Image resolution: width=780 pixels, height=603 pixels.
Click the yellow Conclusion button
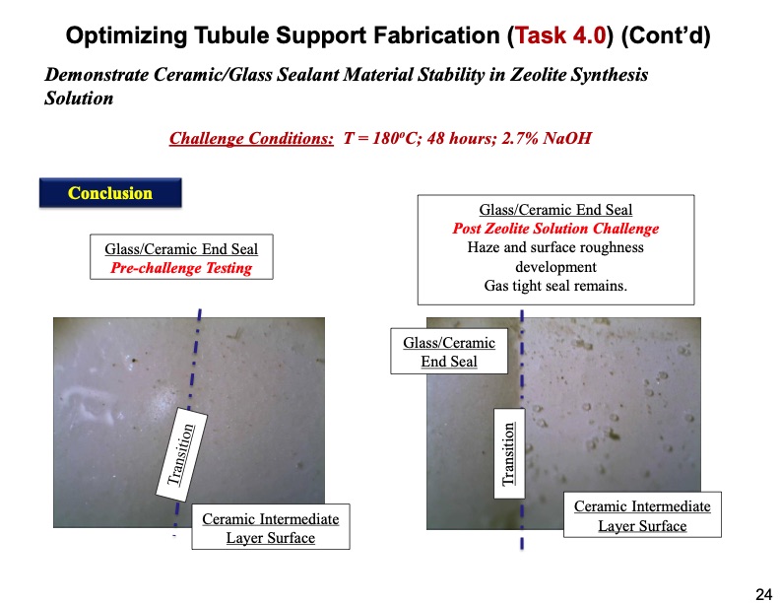tap(110, 192)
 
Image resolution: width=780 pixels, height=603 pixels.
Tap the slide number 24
tap(763, 594)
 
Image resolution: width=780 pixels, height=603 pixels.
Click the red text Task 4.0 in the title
tap(560, 35)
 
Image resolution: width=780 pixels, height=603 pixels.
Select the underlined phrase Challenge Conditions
tap(251, 138)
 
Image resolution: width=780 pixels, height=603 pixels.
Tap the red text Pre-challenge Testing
tap(181, 268)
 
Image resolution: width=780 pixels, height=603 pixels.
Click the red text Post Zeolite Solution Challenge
tap(555, 229)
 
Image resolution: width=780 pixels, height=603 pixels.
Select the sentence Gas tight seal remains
tap(555, 286)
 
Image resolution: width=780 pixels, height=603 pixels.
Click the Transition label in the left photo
tap(181, 454)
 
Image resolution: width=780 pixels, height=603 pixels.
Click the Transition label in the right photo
tap(509, 454)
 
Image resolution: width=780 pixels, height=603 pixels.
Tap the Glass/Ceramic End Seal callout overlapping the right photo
tap(449, 351)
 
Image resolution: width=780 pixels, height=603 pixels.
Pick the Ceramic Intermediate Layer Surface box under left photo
tap(271, 527)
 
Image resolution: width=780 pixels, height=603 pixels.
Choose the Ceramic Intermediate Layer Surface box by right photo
tap(642, 515)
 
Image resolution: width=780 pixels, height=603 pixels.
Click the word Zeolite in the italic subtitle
tap(539, 75)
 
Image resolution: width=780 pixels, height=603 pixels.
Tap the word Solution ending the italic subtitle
tap(79, 98)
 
